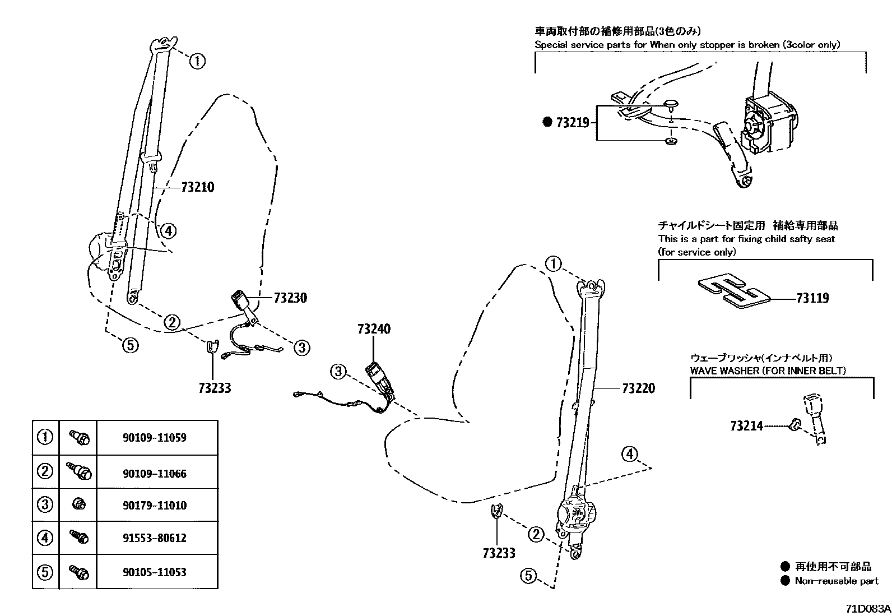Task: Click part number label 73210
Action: coord(198,187)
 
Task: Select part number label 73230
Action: coord(290,298)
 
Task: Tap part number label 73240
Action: coord(374,329)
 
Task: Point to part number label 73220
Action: coord(638,388)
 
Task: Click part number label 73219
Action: coord(572,122)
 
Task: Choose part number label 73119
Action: coord(812,298)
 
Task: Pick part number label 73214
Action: coord(746,426)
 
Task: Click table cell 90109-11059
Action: coord(155,438)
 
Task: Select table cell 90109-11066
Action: coord(155,474)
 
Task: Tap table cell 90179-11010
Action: coord(155,505)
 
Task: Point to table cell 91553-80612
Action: coord(155,538)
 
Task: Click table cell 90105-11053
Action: coord(155,572)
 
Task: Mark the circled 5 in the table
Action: coord(45,572)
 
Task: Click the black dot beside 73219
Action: coord(547,122)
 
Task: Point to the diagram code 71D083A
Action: coord(868,609)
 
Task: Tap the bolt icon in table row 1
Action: coord(79,437)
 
